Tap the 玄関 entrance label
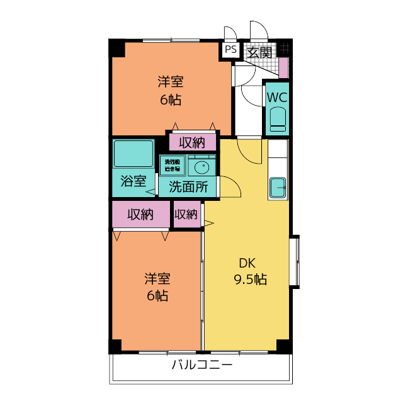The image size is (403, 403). click(x=258, y=52)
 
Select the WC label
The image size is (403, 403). click(x=277, y=98)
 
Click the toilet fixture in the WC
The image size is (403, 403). click(x=277, y=120)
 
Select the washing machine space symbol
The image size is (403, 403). click(x=172, y=165)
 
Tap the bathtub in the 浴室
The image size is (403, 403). click(x=133, y=154)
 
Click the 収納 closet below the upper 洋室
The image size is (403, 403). click(x=192, y=143)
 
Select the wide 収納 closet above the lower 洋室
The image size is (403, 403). click(x=141, y=215)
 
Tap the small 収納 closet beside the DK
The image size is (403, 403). click(x=186, y=215)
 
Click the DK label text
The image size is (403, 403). click(x=246, y=263)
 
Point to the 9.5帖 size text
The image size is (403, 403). click(x=250, y=280)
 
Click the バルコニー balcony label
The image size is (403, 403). click(x=201, y=365)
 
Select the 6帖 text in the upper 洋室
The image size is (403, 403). click(x=170, y=99)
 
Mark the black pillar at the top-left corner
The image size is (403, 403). click(x=117, y=47)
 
